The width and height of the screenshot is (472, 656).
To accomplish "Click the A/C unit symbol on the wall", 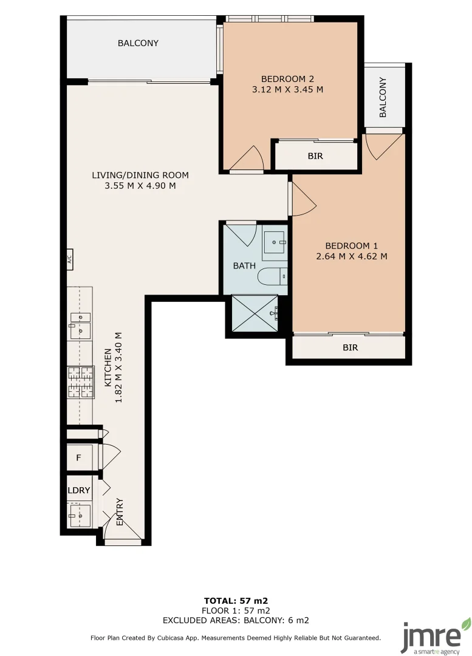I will tap(69, 259).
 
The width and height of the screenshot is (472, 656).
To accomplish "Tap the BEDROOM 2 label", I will tap(287, 78).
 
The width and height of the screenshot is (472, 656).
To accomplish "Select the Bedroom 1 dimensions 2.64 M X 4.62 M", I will tap(351, 256).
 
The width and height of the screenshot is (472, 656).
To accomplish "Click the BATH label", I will tap(244, 265).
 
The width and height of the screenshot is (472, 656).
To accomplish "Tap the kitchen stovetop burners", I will tap(81, 383).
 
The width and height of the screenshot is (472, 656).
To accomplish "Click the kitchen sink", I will tap(80, 325).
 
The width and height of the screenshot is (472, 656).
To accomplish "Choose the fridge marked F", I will tap(79, 457).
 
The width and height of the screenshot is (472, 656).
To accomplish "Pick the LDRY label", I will tap(79, 490).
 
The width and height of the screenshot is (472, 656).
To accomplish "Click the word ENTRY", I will tap(120, 512).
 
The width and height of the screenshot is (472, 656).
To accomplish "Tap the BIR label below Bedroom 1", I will tap(350, 348).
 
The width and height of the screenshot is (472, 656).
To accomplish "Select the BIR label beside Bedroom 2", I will tap(315, 156).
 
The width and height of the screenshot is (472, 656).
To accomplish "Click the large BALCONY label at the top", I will tap(138, 43).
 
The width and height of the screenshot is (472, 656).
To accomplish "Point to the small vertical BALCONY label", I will tap(383, 97).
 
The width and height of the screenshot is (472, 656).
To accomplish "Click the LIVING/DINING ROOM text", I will tap(140, 175).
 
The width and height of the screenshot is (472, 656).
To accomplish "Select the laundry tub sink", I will tap(80, 515).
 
